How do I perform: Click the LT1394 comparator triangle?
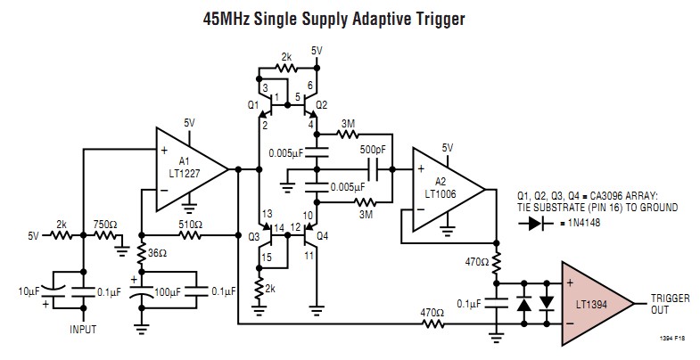(593, 304)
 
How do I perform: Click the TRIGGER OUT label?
(668, 303)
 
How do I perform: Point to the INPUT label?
(82, 329)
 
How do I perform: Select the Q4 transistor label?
(322, 237)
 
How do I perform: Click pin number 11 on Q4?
(309, 258)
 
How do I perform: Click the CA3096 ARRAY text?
(619, 194)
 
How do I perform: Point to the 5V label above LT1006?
(447, 148)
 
